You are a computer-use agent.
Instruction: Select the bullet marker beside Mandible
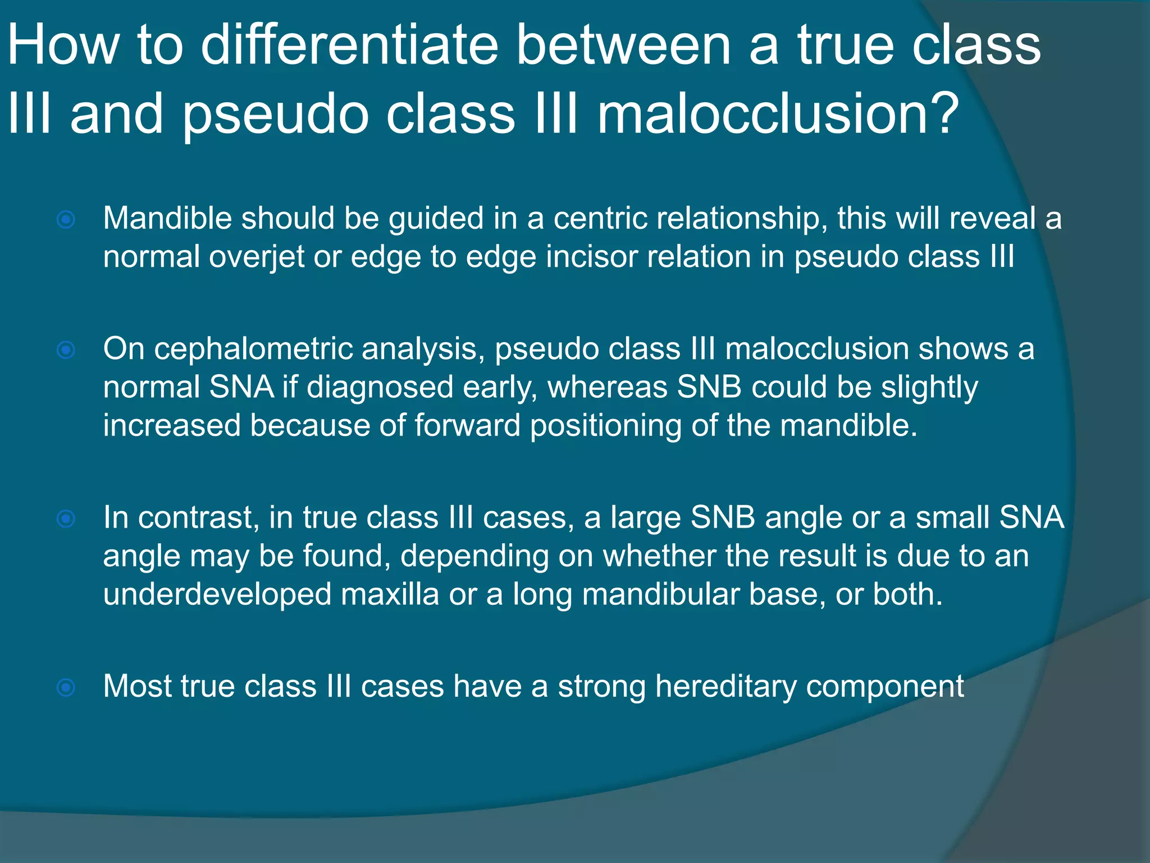pyautogui.click(x=66, y=219)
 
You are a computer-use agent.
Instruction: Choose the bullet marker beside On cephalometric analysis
pyautogui.click(x=66, y=351)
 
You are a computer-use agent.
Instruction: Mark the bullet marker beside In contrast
pyautogui.click(x=66, y=519)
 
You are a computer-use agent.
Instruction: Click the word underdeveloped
pyautogui.click(x=217, y=594)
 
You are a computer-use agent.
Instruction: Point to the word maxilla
pyautogui.click(x=390, y=594)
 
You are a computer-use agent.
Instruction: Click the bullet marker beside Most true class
pyautogui.click(x=66, y=687)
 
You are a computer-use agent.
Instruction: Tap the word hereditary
pyautogui.click(x=725, y=687)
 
